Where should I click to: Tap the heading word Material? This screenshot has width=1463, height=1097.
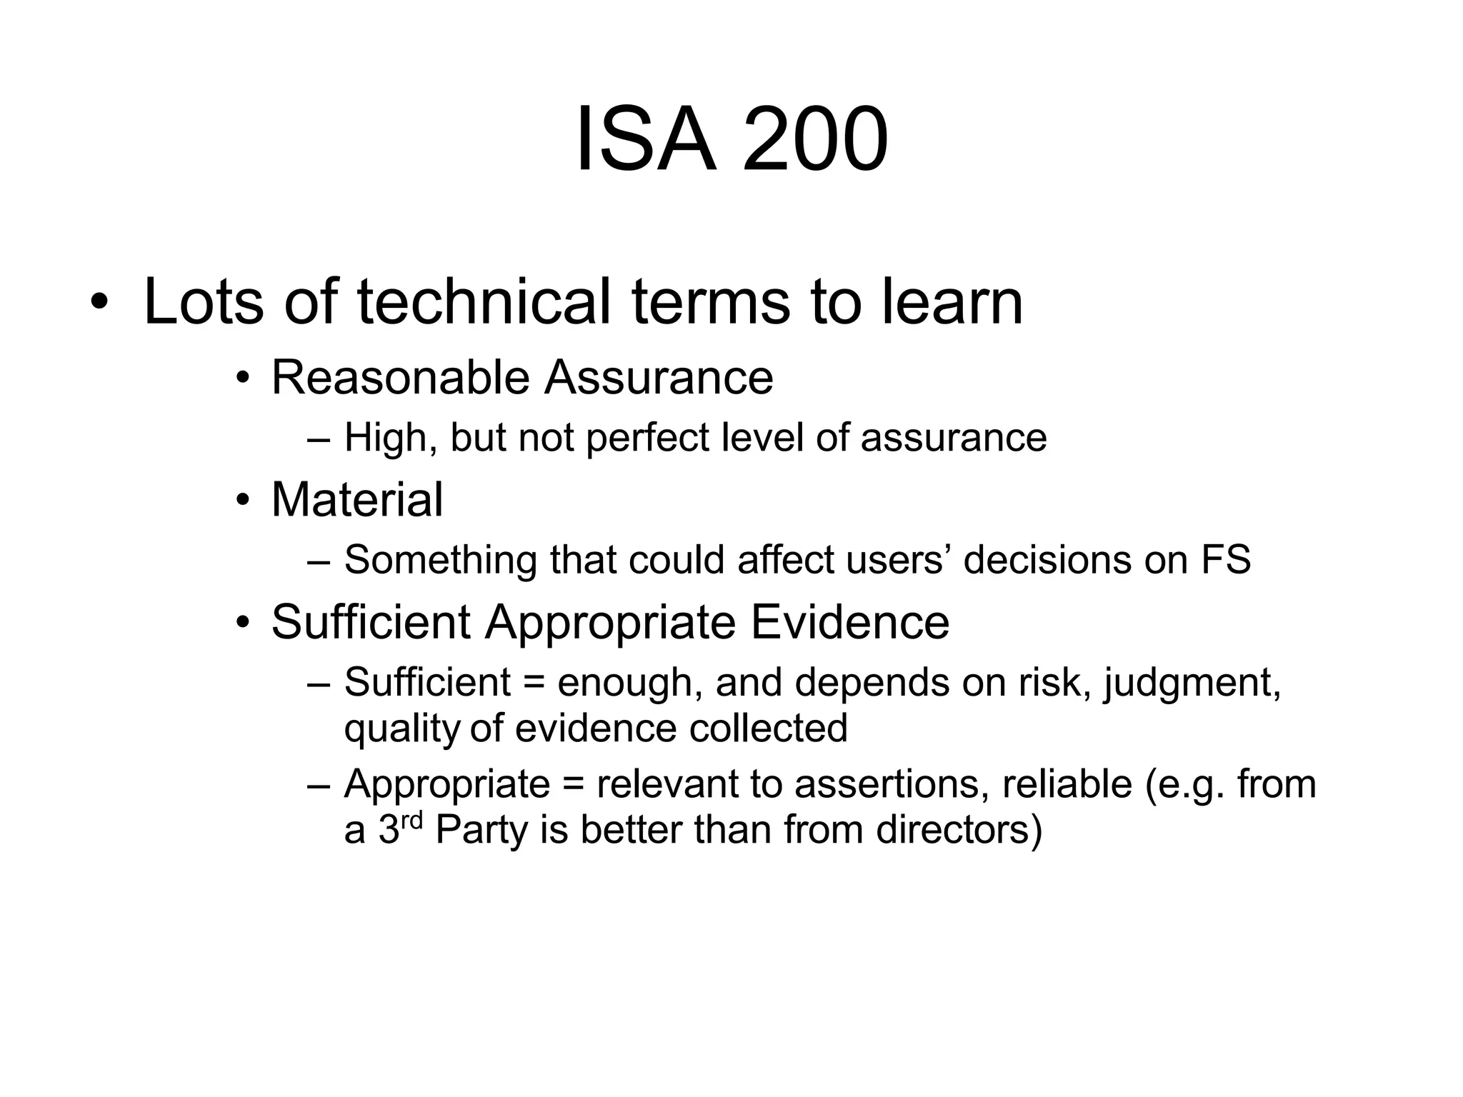pos(357,499)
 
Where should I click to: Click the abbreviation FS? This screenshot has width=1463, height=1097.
pos(1226,559)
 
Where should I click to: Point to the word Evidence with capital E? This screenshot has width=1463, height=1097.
pos(849,622)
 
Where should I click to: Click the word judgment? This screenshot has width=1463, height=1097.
pos(1192,683)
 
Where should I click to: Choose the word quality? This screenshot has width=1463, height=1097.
pos(402,728)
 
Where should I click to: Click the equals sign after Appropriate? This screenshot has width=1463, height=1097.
pos(573,784)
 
